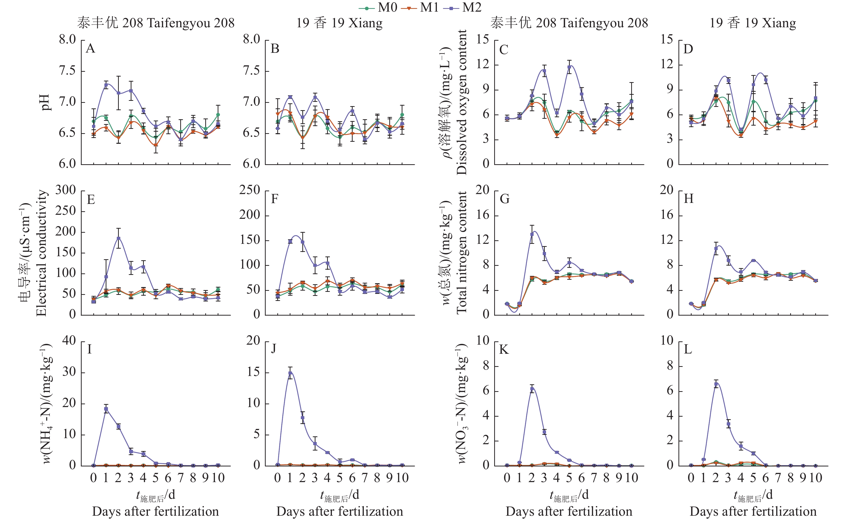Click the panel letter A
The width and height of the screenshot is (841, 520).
tap(90, 49)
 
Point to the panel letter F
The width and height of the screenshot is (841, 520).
tap(275, 199)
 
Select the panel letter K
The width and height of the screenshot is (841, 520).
tap(504, 350)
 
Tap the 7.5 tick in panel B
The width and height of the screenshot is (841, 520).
tap(252, 71)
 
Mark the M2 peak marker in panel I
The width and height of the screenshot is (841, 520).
tap(106, 409)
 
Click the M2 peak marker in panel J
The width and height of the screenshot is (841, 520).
tap(290, 373)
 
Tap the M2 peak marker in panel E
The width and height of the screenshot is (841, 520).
tap(118, 238)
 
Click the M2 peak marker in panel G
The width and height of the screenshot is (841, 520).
tap(532, 234)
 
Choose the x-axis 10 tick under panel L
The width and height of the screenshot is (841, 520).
tap(815, 478)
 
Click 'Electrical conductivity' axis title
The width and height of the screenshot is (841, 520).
tap(41, 253)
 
